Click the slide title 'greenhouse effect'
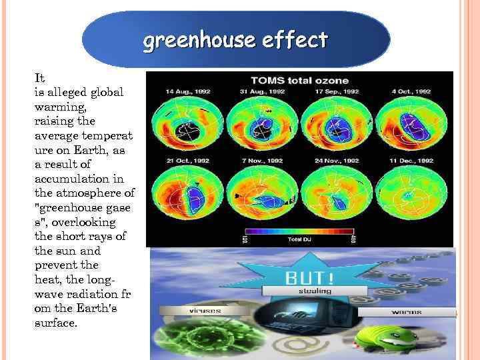coord(235,41)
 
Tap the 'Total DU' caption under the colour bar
coord(299,239)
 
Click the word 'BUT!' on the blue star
coord(300,277)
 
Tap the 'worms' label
coord(405,311)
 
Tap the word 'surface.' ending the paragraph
coord(55,323)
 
